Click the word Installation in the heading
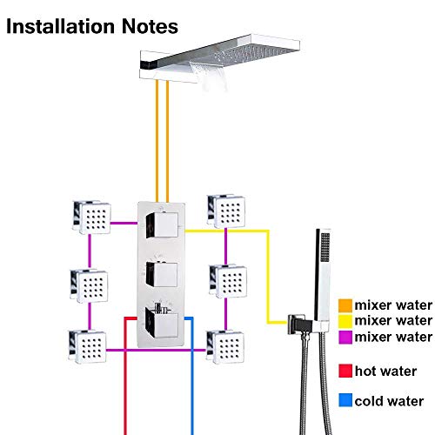(60, 26)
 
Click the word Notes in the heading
(150, 26)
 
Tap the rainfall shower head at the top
(220, 59)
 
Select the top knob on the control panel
(162, 225)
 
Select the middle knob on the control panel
(162, 274)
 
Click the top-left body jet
(91, 217)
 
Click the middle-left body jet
(90, 286)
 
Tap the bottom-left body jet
(88, 346)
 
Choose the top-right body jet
(226, 211)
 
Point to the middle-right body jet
(228, 281)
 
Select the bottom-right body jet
(225, 347)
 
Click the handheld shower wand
(323, 279)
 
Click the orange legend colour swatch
(345, 305)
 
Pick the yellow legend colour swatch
(345, 321)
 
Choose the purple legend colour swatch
(345, 337)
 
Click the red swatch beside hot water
(345, 371)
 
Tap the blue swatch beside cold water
(345, 400)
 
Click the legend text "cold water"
(389, 401)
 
